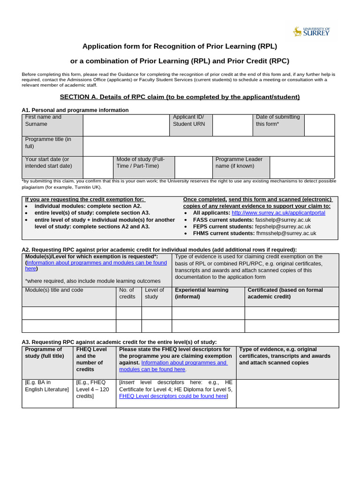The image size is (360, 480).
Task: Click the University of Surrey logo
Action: [311, 31]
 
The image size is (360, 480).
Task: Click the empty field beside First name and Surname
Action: [126, 125]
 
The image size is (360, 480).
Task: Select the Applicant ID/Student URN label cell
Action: [190, 125]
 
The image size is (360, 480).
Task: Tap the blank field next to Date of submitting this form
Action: [319, 125]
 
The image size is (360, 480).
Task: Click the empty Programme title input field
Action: [209, 146]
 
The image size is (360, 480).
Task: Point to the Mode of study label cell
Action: [143, 167]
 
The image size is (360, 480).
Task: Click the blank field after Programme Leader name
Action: [302, 167]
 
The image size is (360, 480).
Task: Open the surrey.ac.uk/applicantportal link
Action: [278, 213]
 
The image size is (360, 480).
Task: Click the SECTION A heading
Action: [180, 97]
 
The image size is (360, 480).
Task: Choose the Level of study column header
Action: [156, 293]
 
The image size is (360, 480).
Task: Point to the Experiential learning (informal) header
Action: [208, 293]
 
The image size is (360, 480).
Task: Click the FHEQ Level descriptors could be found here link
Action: [173, 396]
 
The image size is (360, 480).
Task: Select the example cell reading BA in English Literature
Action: [47, 386]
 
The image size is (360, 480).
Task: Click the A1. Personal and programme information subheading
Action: [75, 110]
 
